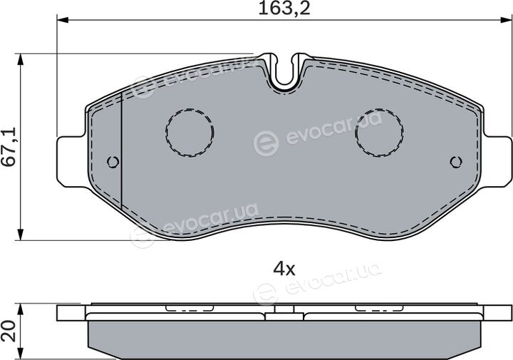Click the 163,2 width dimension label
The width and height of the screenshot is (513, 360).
284,9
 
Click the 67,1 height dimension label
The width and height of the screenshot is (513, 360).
9,148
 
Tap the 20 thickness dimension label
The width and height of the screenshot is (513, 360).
9,331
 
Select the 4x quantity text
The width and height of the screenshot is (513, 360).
284,269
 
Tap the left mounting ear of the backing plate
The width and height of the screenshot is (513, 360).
72,162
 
